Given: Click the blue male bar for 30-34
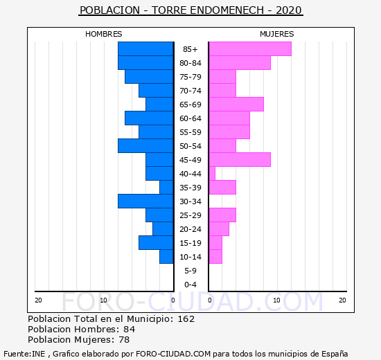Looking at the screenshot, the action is click(145, 201).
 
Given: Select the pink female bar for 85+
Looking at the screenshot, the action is click(250, 49).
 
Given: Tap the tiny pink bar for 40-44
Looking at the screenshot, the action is click(212, 174).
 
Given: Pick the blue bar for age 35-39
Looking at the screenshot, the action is click(166, 188).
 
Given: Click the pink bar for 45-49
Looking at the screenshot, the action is click(240, 160).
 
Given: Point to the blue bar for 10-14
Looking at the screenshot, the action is click(166, 257).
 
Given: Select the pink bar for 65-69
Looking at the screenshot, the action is click(236, 105).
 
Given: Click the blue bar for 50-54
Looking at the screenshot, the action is click(145, 146).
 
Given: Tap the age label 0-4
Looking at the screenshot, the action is click(190, 285).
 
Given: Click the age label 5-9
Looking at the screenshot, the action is click(190, 271).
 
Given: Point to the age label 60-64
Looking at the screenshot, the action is click(190, 118).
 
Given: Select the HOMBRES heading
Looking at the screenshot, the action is click(103, 34).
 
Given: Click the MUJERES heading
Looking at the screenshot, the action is click(277, 34).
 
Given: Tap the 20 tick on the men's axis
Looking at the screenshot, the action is click(38, 300).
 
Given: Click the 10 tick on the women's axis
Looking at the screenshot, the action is click(277, 300).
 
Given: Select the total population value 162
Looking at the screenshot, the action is click(186, 319).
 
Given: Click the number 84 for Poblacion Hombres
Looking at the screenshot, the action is click(129, 330).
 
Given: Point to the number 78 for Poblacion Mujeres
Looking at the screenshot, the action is click(124, 340).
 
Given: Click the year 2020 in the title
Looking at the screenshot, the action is click(289, 10).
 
